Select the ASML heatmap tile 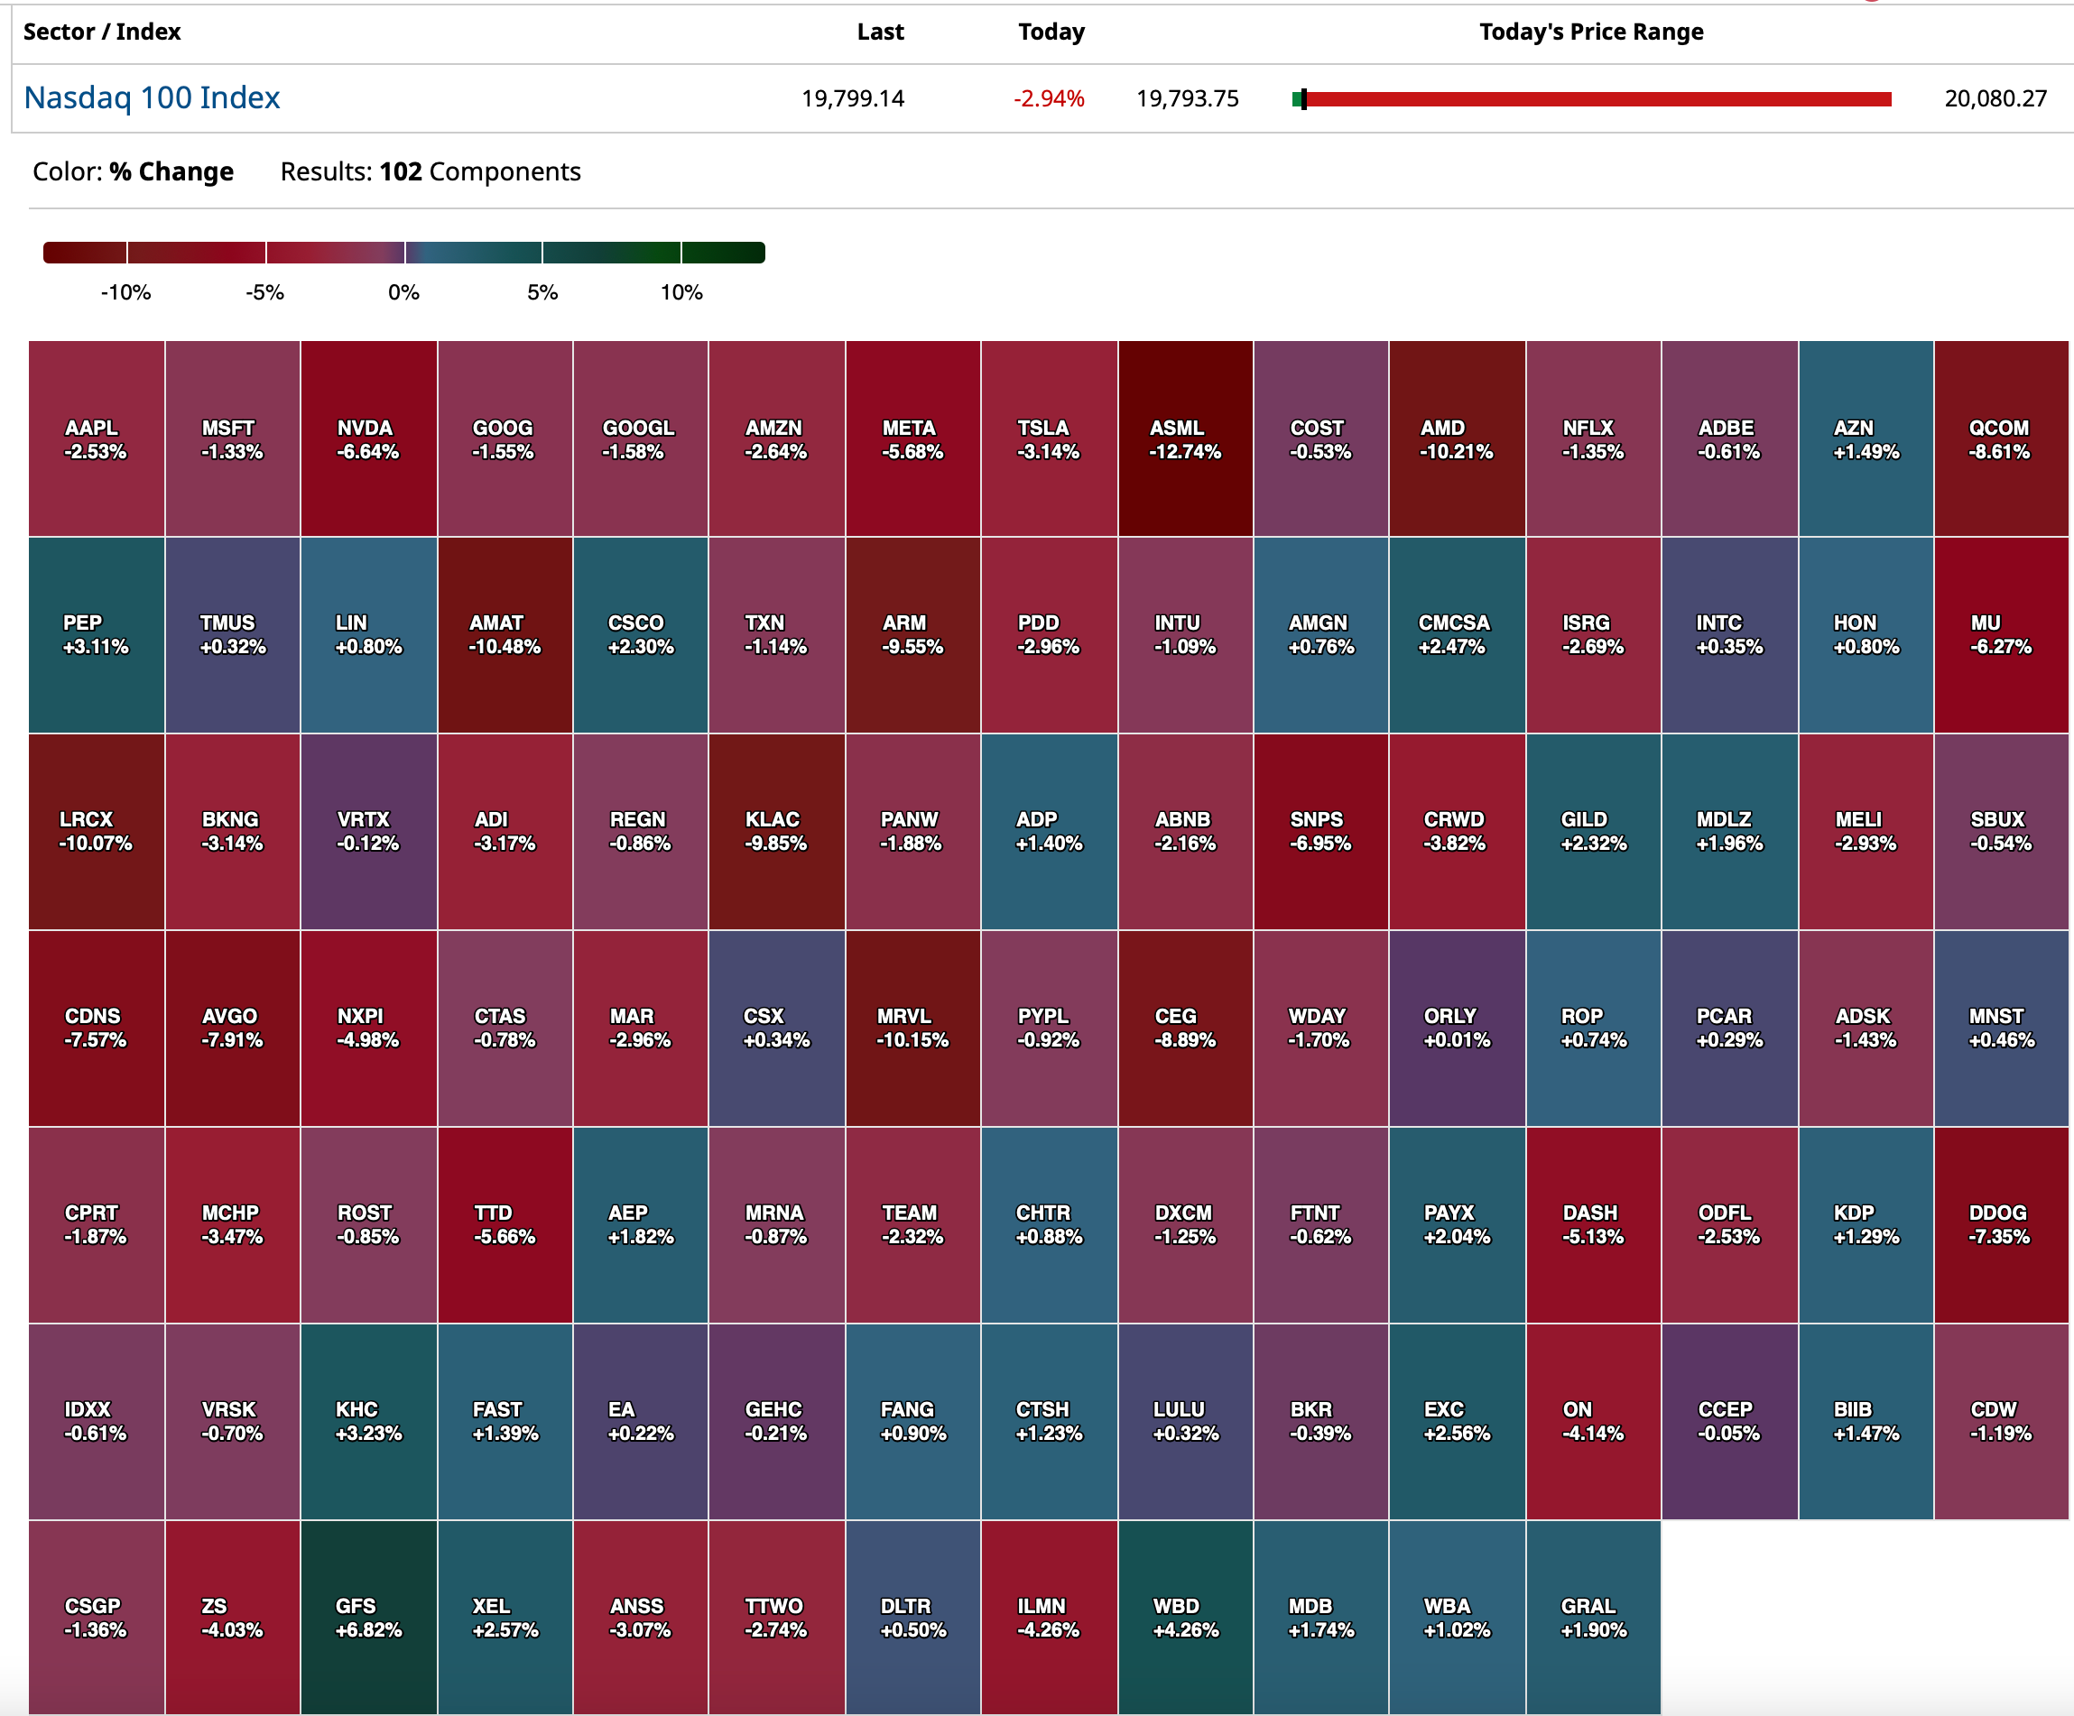1185,439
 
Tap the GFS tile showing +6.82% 368,1618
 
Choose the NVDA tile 368,439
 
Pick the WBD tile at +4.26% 1185,1618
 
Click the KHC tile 368,1421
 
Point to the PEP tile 96,635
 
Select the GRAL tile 1593,1618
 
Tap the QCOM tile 2000,439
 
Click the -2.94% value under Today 1049,98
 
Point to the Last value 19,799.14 852,98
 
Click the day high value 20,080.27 1995,98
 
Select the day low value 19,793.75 1187,98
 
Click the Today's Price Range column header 1591,32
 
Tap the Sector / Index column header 102,32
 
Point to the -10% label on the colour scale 125,292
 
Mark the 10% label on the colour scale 681,292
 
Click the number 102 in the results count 400,171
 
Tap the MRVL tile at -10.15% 912,1028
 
